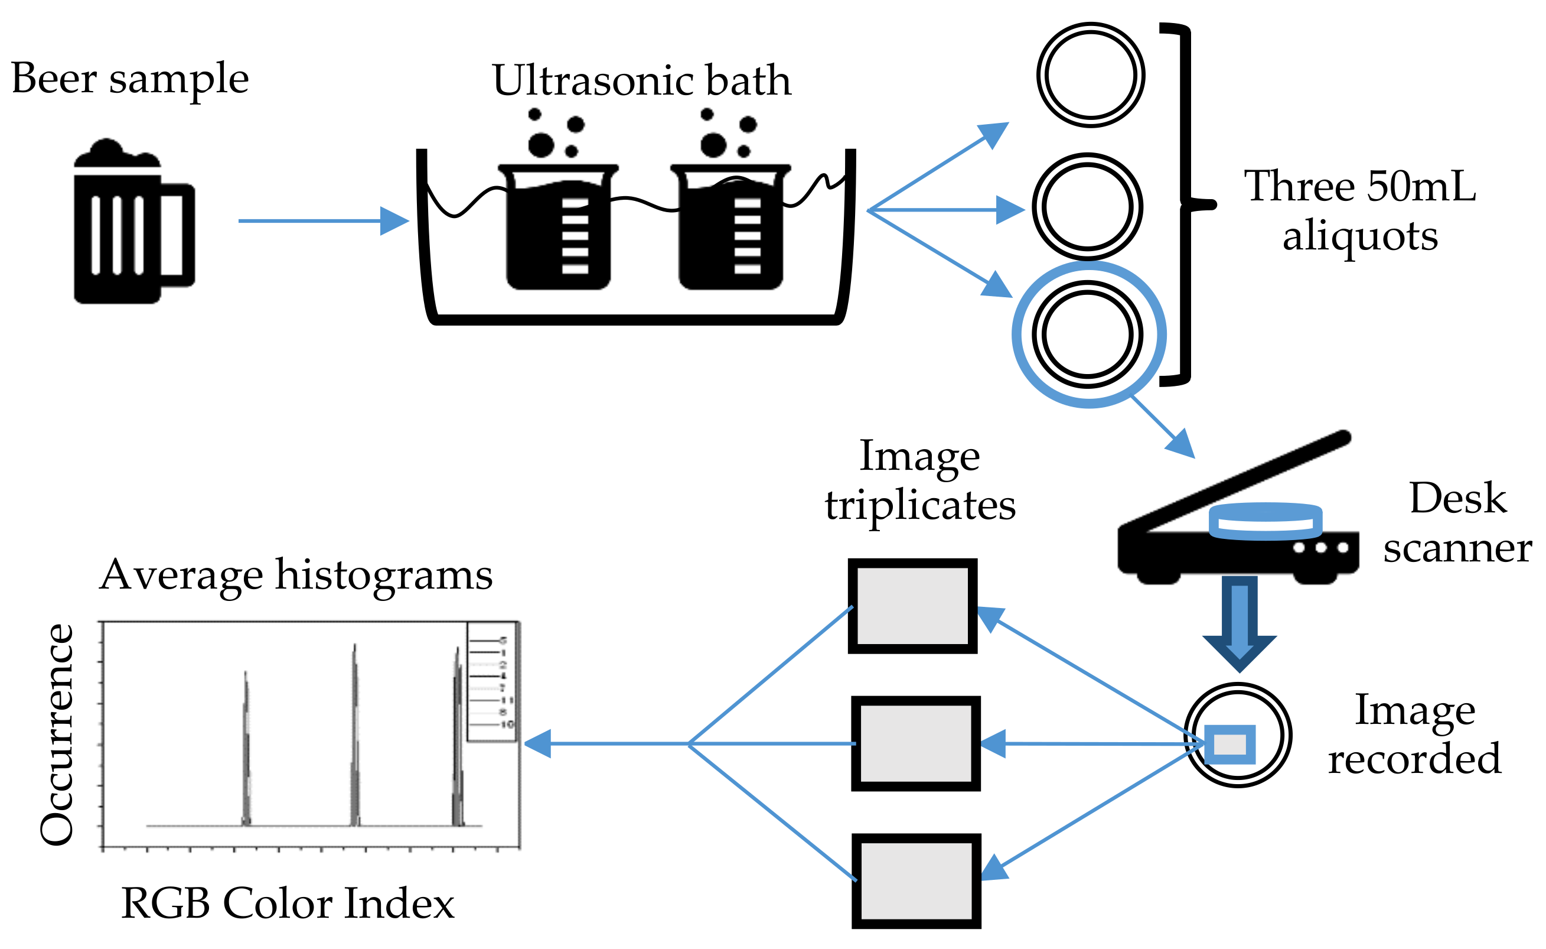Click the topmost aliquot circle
[1091, 75]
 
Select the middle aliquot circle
[1087, 206]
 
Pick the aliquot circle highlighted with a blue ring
[1088, 334]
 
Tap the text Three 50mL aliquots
[1359, 210]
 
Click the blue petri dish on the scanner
[1265, 521]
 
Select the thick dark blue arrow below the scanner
[1239, 622]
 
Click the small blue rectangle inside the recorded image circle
[1229, 745]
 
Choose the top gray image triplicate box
[912, 606]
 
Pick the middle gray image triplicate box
[915, 743]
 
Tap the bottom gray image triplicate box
[916, 881]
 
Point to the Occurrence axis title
[57, 734]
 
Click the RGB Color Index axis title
[288, 904]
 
